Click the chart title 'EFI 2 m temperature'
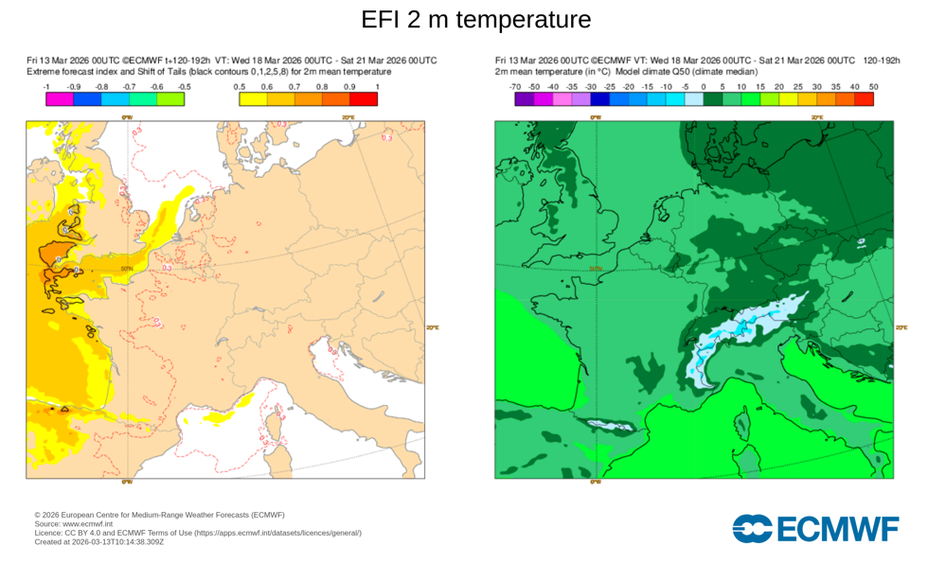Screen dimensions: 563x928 (463, 19)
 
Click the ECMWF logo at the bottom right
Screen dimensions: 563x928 (815, 529)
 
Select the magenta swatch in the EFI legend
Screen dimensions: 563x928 (59, 98)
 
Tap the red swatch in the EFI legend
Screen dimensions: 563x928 (364, 98)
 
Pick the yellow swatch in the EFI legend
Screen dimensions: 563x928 (253, 98)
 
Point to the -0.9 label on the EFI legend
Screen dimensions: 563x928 (73, 87)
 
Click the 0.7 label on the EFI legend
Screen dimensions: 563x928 (294, 87)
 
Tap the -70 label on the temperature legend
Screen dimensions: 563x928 (515, 87)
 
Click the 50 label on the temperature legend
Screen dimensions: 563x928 (873, 87)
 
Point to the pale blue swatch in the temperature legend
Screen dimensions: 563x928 (694, 98)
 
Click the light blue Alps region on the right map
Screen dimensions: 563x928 (748, 326)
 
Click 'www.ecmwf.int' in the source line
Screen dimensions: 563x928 (87, 523)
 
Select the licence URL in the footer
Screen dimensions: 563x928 (277, 533)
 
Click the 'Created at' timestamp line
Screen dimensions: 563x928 (98, 542)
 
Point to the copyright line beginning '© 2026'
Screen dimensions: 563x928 (158, 514)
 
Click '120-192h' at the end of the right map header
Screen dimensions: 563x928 (882, 61)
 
